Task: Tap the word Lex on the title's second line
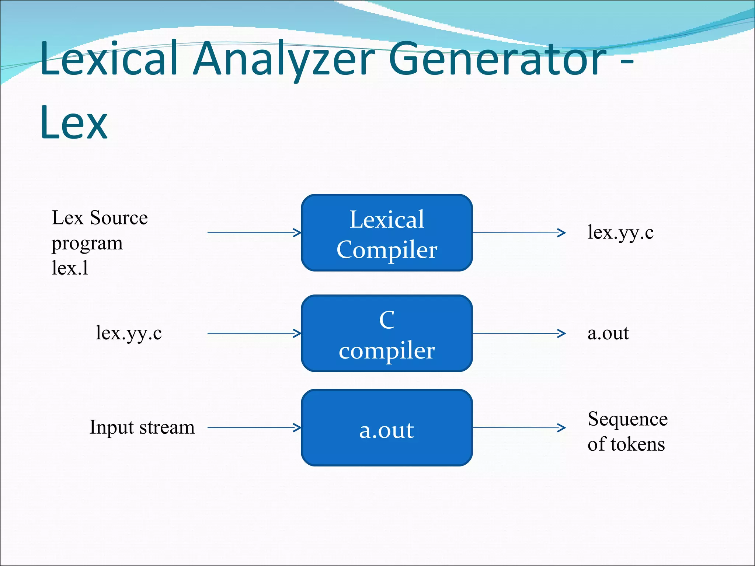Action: pyautogui.click(x=74, y=123)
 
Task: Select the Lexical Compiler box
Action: pyautogui.click(x=387, y=233)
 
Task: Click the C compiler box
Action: pyautogui.click(x=387, y=333)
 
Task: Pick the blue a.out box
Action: pyautogui.click(x=387, y=428)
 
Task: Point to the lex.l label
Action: pyautogui.click(x=70, y=268)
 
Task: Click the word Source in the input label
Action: pyautogui.click(x=119, y=217)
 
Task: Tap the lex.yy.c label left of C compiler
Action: pyautogui.click(x=129, y=333)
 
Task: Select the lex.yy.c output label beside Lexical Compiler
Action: pyautogui.click(x=620, y=233)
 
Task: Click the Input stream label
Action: pyautogui.click(x=142, y=427)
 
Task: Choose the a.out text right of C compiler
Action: pyautogui.click(x=608, y=333)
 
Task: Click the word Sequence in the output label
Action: pyautogui.click(x=627, y=419)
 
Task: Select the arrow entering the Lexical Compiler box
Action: pyautogui.click(x=254, y=233)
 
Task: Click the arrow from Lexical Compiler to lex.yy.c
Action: pyautogui.click(x=519, y=233)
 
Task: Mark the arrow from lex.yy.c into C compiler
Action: pyautogui.click(x=254, y=333)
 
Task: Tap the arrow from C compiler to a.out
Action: pyautogui.click(x=519, y=333)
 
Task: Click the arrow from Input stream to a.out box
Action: pyautogui.click(x=254, y=428)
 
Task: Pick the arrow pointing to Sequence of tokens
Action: pyautogui.click(x=519, y=428)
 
